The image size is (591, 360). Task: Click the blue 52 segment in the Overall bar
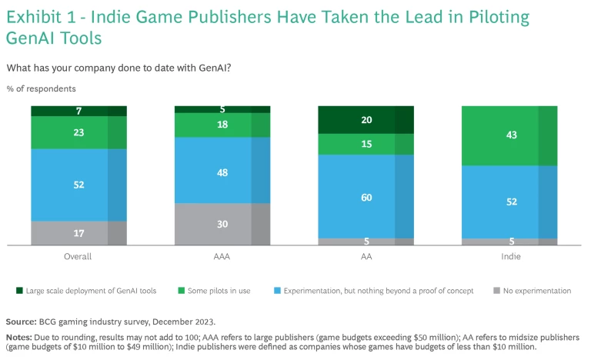coord(78,185)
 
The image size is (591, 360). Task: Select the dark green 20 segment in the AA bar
coord(366,119)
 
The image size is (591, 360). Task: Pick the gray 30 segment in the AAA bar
coord(222,224)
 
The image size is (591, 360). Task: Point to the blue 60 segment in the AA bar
coord(366,196)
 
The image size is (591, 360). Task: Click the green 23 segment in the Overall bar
coord(78,132)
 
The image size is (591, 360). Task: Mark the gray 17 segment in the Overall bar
coord(78,233)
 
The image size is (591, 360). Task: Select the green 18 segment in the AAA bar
coord(222,125)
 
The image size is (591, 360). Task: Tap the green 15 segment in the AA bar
coord(366,144)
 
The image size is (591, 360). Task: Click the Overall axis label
coord(78,256)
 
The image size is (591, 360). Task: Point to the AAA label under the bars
coord(222,256)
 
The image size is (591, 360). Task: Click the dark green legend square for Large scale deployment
coord(18,291)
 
